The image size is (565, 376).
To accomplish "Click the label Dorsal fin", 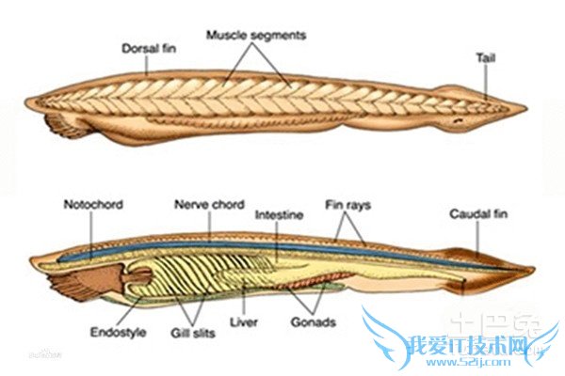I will (x=150, y=46).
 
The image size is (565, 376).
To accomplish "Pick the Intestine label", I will (x=279, y=214).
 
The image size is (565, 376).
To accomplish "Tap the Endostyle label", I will (x=119, y=331).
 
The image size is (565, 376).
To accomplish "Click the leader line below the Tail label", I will (x=487, y=80).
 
